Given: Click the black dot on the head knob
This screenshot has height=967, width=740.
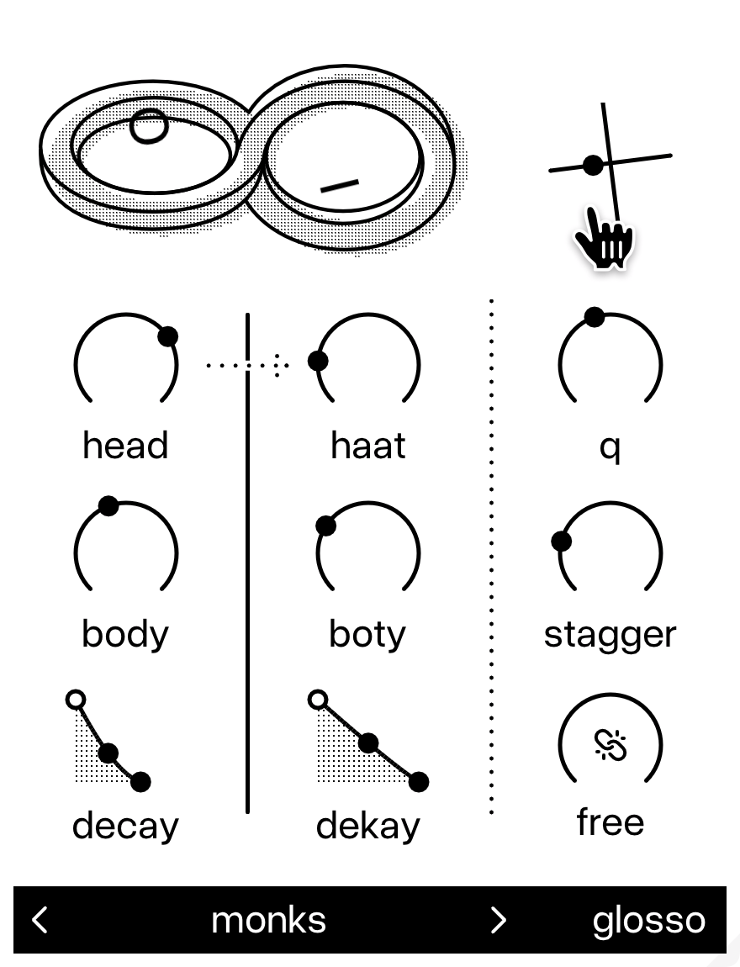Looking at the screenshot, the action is click(167, 336).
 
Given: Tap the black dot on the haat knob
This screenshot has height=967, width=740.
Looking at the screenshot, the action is click(318, 361).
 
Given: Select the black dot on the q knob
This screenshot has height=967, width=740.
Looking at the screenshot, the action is click(594, 317).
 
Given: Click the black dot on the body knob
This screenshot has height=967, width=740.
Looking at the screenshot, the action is click(108, 505).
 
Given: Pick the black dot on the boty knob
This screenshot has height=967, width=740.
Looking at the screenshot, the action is click(325, 526).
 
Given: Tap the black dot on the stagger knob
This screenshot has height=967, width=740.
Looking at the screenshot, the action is click(561, 542).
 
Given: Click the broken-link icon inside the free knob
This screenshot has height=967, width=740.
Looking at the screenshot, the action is click(610, 744).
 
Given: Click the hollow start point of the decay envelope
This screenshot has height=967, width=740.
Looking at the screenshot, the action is click(75, 700).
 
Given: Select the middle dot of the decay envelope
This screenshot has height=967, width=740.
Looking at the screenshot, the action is click(108, 753).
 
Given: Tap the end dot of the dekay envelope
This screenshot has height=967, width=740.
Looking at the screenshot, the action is click(419, 782).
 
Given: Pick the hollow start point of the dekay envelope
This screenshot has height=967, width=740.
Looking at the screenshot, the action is click(318, 700).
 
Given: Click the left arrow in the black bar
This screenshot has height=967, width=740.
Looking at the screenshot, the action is click(40, 920).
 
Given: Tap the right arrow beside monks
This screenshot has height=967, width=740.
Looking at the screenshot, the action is click(499, 920).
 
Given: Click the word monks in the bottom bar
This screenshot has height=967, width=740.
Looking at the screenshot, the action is click(269, 921).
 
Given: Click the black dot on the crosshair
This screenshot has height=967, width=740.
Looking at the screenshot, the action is click(593, 166).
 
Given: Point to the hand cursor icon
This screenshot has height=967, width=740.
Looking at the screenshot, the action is click(603, 238).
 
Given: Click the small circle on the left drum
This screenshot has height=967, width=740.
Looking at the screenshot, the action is click(149, 126).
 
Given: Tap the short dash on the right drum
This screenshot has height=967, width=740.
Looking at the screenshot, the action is click(340, 186).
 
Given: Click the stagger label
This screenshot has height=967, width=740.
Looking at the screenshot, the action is click(610, 635).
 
